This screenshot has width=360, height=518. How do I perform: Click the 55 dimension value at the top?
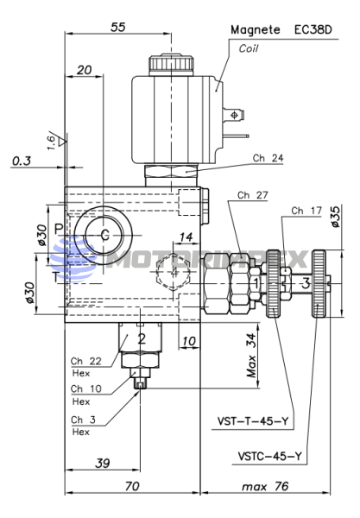pyautogui.click(x=118, y=27)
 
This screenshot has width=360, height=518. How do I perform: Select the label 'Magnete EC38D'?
pyautogui.click(x=281, y=30)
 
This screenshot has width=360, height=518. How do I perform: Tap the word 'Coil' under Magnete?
pyautogui.click(x=249, y=48)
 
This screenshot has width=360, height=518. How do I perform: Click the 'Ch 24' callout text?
pyautogui.click(x=268, y=158)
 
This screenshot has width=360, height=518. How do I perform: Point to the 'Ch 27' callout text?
pyautogui.click(x=253, y=195)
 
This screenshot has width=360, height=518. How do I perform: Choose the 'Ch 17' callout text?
pyautogui.click(x=306, y=211)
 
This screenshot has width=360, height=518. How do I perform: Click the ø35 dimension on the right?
pyautogui.click(x=335, y=217)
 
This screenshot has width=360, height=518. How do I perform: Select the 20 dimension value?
pyautogui.click(x=84, y=70)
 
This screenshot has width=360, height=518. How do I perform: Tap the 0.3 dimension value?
pyautogui.click(x=22, y=161)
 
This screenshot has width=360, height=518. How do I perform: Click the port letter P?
pyautogui.click(x=59, y=229)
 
